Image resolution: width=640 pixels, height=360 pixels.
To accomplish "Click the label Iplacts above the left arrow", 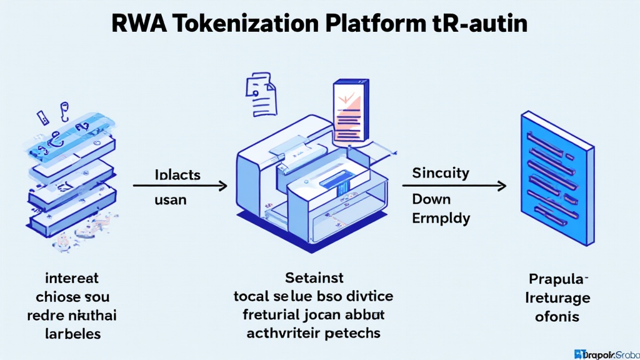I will (x=177, y=174).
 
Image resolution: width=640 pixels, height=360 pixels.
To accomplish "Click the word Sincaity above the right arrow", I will (x=441, y=172).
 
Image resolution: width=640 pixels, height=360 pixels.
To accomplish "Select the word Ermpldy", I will (x=441, y=219).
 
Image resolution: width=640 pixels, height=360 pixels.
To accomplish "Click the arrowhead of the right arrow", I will (x=501, y=186).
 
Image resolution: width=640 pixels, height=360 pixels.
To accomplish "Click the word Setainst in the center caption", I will (x=314, y=277).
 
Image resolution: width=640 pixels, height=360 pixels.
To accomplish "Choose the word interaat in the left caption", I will (x=72, y=277).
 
